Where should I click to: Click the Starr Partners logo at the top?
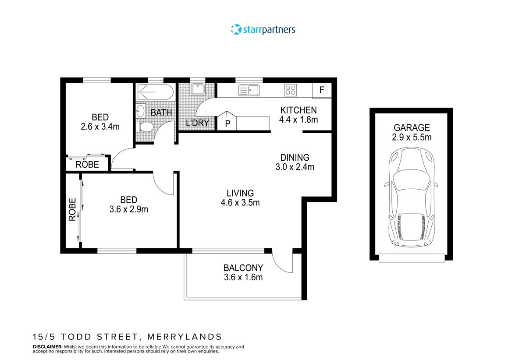263,30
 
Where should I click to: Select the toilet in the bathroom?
145,127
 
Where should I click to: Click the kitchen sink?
249,91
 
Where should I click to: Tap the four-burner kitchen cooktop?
290,90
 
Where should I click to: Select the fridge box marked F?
322,91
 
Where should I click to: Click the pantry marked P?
227,123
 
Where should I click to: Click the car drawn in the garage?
412,197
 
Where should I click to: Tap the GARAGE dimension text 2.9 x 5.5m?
412,138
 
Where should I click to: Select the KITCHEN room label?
298,110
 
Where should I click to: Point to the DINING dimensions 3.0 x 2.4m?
295,167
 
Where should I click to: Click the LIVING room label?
240,193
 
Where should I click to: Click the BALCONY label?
243,268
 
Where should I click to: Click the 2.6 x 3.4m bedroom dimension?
100,127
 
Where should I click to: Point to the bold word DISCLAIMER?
48,346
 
